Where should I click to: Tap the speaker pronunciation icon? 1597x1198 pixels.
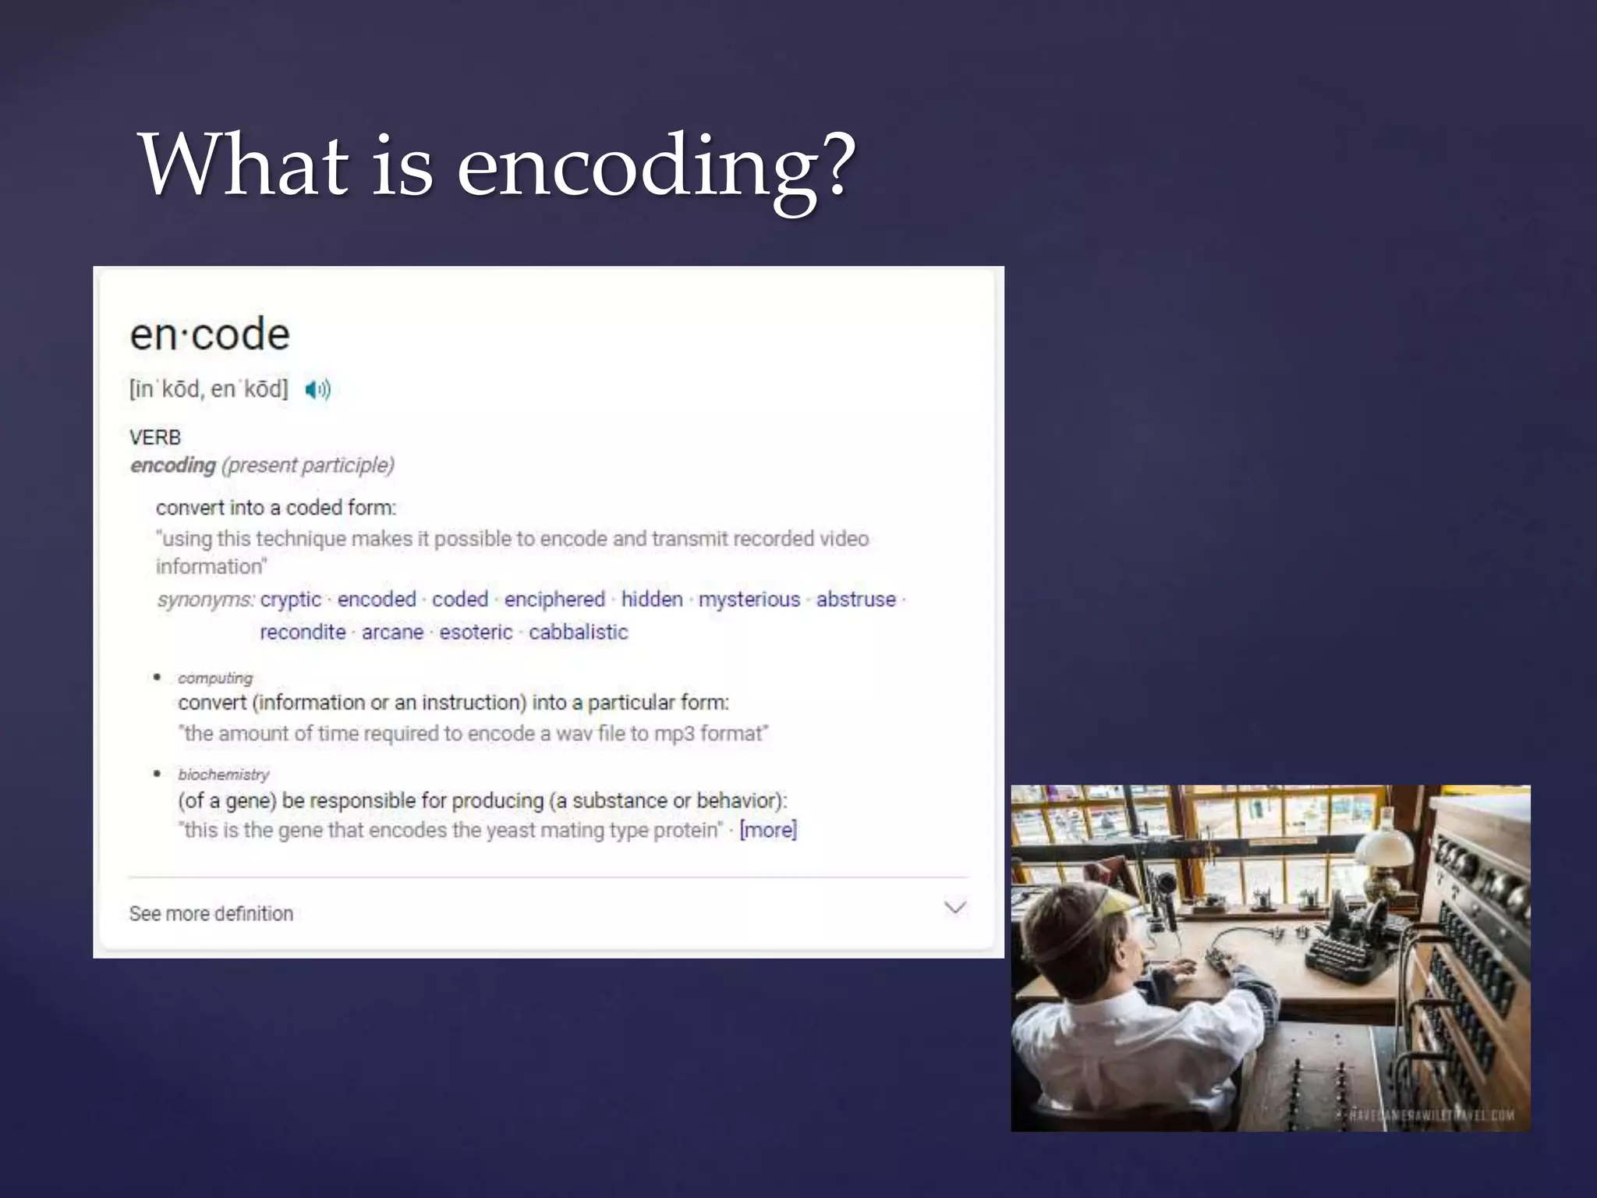tap(317, 389)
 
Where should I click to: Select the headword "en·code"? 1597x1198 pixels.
tap(210, 335)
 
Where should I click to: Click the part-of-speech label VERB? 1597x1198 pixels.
tap(155, 438)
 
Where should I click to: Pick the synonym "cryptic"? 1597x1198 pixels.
tap(291, 599)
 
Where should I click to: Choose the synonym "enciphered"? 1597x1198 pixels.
tap(554, 599)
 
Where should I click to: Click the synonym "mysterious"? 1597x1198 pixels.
tap(749, 599)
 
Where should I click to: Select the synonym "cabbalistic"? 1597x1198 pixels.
tap(578, 632)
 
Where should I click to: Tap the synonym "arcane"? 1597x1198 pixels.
tap(392, 632)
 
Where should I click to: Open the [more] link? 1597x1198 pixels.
tap(768, 830)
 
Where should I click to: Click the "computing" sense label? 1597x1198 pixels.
tap(215, 678)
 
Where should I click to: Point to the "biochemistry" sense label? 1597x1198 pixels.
tap(224, 774)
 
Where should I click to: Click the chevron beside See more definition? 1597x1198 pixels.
tap(955, 907)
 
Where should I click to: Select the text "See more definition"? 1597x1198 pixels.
tap(211, 913)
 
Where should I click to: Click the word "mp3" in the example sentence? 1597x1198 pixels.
tap(674, 734)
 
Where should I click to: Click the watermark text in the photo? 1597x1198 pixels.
tap(1431, 1115)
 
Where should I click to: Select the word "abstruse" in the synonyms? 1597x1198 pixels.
tap(856, 599)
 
